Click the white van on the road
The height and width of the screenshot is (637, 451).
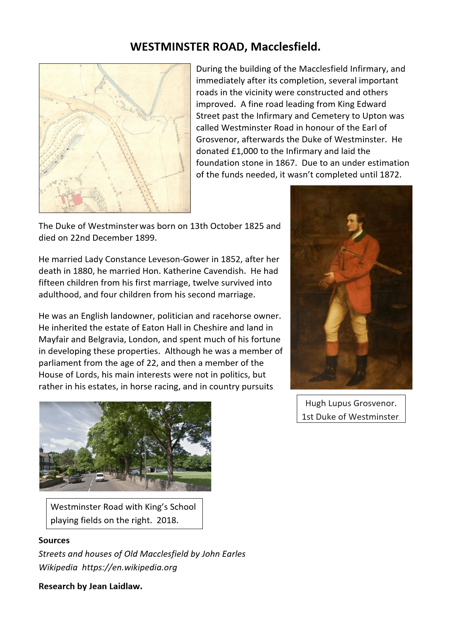point(100,477)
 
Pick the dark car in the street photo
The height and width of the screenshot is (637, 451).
point(75,479)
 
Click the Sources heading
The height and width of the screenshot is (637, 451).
point(54,540)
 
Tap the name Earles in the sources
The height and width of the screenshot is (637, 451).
point(233,554)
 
